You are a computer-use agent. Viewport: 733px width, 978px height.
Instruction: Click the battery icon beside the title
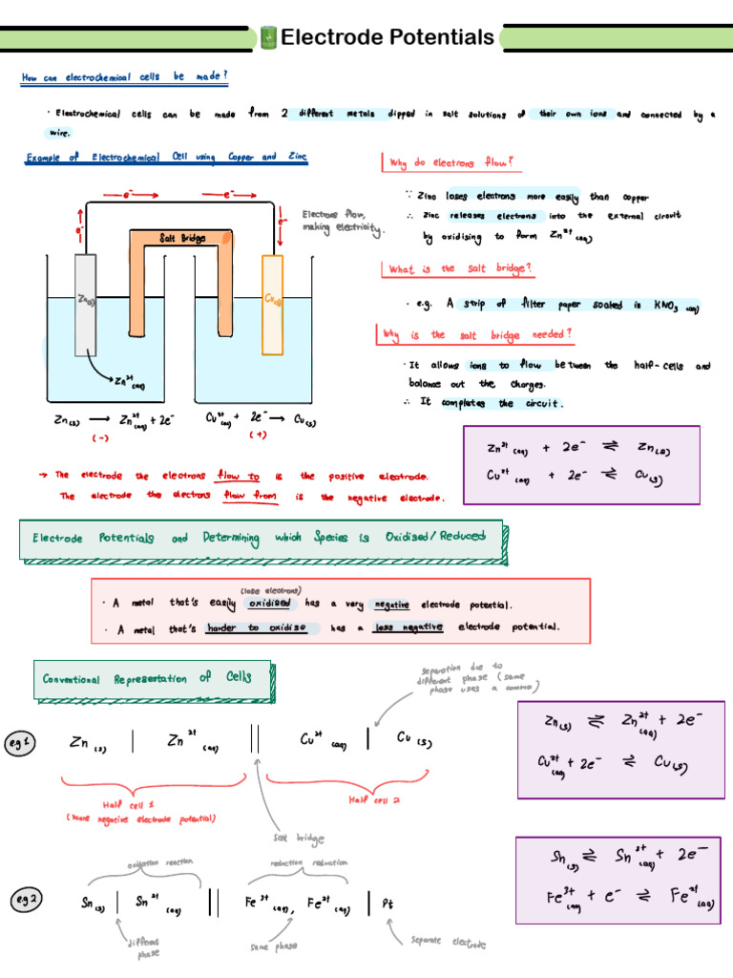(x=268, y=38)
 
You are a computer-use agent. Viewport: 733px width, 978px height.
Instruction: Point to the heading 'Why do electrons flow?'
(x=451, y=162)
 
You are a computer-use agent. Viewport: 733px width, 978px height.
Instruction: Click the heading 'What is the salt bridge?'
(x=460, y=270)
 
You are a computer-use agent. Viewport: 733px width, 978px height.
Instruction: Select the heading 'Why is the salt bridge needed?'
(x=476, y=334)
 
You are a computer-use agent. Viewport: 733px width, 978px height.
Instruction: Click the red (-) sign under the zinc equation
(x=100, y=438)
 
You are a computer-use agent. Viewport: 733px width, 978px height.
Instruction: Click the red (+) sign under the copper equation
(x=259, y=436)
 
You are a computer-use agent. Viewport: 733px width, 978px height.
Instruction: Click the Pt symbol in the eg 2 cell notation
(x=387, y=903)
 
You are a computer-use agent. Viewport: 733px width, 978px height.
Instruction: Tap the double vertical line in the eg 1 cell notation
(x=255, y=740)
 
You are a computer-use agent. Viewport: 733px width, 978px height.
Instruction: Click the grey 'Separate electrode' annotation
(x=449, y=943)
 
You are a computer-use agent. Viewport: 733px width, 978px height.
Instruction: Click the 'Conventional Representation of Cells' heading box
(x=153, y=678)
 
